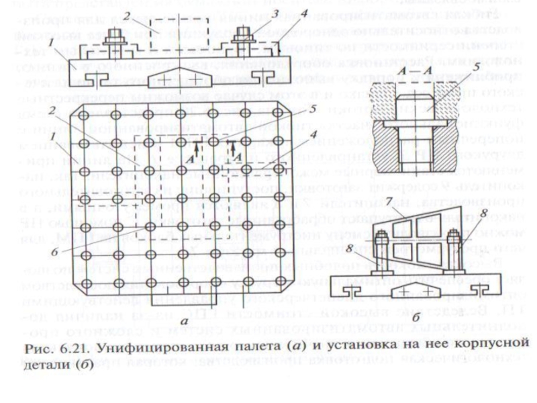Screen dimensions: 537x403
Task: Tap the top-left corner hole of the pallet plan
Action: pyautogui.click(x=83, y=116)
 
